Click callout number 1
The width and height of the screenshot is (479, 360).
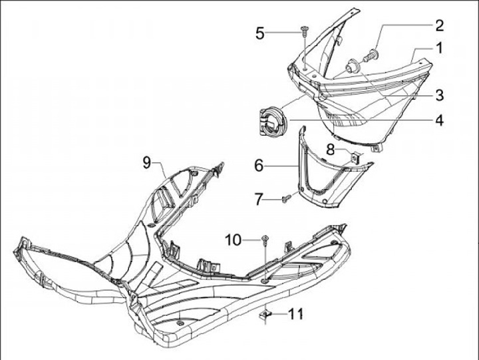tap(438, 48)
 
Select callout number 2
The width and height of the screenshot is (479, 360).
tap(438, 25)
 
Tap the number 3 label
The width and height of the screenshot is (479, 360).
tap(438, 95)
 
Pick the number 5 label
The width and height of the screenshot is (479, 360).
tap(261, 31)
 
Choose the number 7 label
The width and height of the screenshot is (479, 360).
tap(259, 198)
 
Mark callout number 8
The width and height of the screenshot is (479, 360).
tap(331, 148)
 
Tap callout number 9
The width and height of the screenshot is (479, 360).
tap(148, 160)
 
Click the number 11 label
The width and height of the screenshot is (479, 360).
tap(296, 312)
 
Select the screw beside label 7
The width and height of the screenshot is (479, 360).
tap(287, 196)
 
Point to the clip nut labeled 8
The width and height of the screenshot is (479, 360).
tap(354, 158)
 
